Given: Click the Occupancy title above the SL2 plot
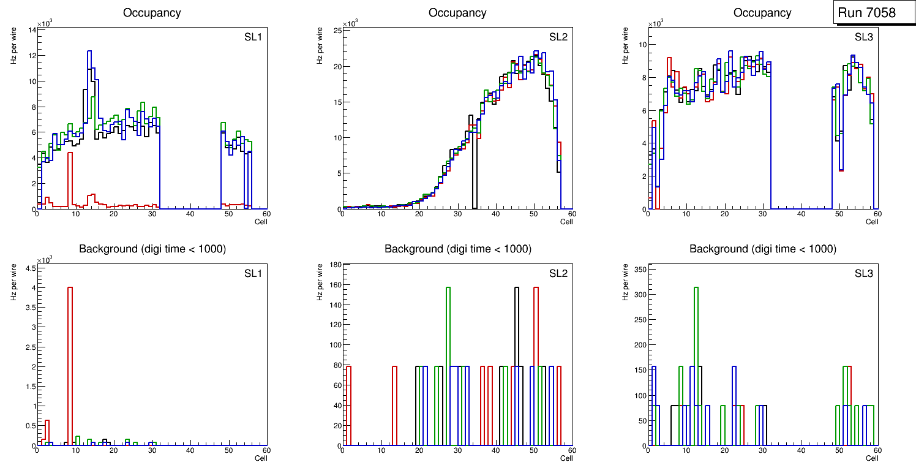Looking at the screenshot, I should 457,13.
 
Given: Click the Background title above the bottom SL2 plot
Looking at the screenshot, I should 457,249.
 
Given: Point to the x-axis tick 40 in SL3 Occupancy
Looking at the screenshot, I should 801,214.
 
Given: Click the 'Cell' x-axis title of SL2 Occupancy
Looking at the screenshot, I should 566,221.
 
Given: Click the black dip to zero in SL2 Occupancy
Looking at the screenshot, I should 474,178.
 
